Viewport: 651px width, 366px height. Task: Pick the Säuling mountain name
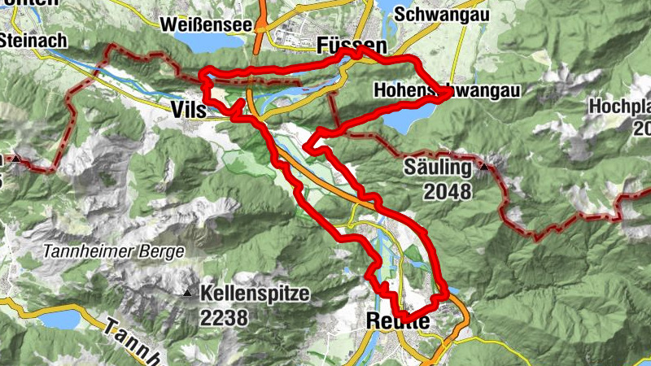(x=438, y=168)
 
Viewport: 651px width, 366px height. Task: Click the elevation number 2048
(x=448, y=192)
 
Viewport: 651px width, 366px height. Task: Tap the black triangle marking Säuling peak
(x=485, y=167)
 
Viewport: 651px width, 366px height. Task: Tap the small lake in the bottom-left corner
(x=58, y=320)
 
